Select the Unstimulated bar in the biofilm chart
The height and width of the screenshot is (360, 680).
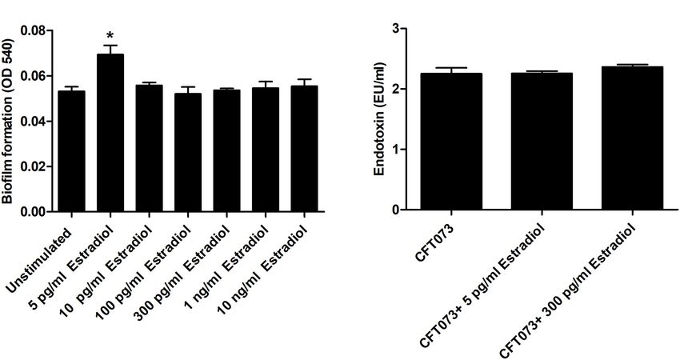click(x=71, y=152)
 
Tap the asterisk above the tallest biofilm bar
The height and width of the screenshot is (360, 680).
click(x=110, y=35)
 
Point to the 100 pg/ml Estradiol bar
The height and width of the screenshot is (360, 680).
click(x=188, y=153)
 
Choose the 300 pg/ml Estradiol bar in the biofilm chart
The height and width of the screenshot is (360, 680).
click(x=227, y=151)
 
